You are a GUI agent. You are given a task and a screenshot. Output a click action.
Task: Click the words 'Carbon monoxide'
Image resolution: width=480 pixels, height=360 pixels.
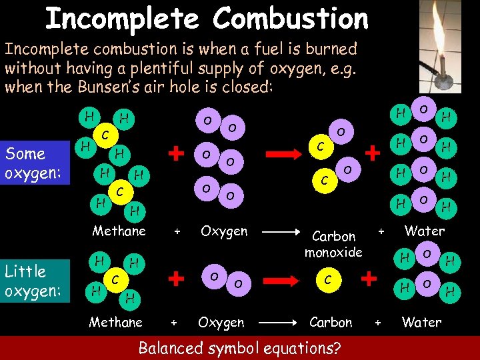tap(333, 244)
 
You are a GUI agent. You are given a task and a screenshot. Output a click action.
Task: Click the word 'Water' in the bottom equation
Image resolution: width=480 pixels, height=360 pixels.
tap(421, 322)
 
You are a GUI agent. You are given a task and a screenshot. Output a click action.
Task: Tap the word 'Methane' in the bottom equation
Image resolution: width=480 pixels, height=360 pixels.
tap(116, 322)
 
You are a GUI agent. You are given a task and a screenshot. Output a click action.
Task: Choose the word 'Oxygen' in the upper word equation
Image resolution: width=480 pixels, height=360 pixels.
tap(224, 231)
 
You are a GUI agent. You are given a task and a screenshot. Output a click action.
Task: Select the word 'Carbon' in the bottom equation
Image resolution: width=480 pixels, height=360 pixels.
tap(331, 322)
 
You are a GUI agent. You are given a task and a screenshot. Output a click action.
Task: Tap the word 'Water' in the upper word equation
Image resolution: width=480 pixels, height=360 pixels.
tap(425, 231)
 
